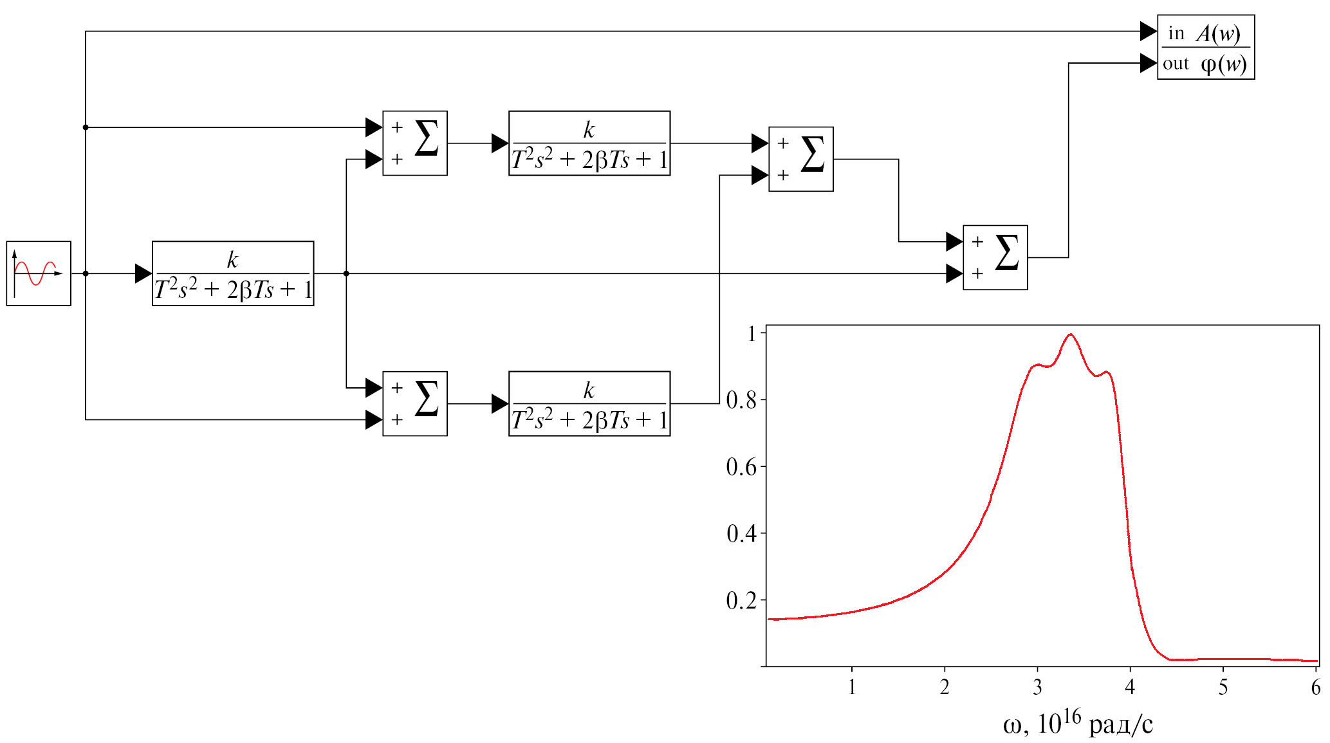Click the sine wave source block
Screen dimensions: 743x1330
click(x=39, y=273)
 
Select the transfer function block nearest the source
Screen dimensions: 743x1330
click(x=233, y=273)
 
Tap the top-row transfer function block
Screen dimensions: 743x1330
click(x=589, y=143)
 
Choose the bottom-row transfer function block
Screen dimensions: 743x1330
click(x=589, y=403)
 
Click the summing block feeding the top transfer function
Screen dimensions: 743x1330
click(x=414, y=143)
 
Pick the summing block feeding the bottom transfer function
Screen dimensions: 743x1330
click(x=414, y=403)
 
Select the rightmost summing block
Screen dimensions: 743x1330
click(x=995, y=257)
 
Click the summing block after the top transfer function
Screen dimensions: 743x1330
click(x=800, y=159)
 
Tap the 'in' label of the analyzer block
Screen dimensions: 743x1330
click(x=1176, y=33)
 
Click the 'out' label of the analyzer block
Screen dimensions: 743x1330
click(x=1176, y=64)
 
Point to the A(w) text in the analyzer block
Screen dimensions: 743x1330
click(x=1218, y=33)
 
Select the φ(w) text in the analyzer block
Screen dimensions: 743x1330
click(x=1223, y=64)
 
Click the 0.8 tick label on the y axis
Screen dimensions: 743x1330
click(x=741, y=400)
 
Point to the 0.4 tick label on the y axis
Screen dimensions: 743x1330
click(x=741, y=533)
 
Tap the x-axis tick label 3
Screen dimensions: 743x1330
click(x=1037, y=687)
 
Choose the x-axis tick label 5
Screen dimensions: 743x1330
click(x=1223, y=687)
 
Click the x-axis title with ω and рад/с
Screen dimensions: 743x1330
click(x=1078, y=723)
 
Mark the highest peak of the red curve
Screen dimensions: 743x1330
click(x=1070, y=335)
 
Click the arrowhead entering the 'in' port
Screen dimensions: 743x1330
click(x=1148, y=31)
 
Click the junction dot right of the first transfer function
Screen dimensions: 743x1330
click(x=346, y=273)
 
